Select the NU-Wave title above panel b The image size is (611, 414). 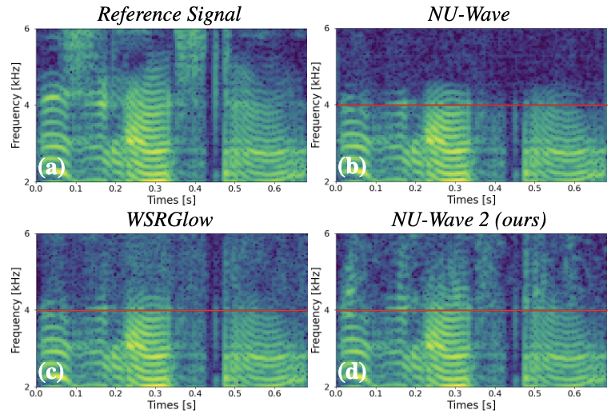click(472, 14)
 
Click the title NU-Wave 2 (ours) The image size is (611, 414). click(472, 219)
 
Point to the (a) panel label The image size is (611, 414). click(51, 168)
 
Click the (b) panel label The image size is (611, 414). click(352, 168)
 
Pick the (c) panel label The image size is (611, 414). click(51, 372)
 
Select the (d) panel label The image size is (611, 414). click(352, 372)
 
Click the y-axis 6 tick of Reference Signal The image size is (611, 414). click(26, 29)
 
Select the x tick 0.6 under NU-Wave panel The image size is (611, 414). click(573, 190)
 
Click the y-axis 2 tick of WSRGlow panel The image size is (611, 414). click(26, 387)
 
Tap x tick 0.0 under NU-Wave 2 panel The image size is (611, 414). click(336, 395)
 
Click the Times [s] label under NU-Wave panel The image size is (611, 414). click(472, 201)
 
